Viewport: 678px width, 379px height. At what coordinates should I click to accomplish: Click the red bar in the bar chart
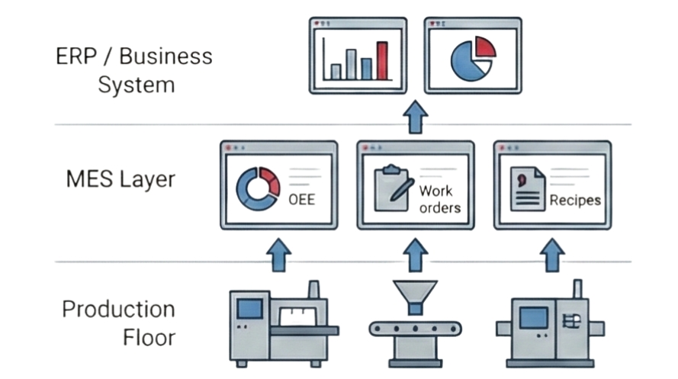382,61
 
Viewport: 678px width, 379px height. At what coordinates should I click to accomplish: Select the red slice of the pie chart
482,47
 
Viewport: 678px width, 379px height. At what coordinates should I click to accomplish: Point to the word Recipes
575,201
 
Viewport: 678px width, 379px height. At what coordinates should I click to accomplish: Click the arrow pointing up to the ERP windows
416,117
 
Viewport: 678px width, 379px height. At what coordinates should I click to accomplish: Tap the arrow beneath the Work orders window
416,254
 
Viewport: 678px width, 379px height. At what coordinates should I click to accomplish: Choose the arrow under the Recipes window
552,254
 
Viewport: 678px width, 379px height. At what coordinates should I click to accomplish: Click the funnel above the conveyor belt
415,296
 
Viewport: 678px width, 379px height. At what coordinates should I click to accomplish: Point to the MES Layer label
120,180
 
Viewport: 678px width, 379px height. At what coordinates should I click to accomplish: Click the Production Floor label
118,323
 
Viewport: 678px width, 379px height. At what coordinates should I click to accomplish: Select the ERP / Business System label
134,69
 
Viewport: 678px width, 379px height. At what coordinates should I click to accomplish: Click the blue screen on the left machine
249,309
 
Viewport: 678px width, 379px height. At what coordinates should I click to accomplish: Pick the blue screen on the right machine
534,317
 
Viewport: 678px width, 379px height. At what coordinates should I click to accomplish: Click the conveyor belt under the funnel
415,329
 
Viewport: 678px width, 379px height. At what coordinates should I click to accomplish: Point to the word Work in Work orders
435,191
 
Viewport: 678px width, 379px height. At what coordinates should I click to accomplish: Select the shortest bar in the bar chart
336,72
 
